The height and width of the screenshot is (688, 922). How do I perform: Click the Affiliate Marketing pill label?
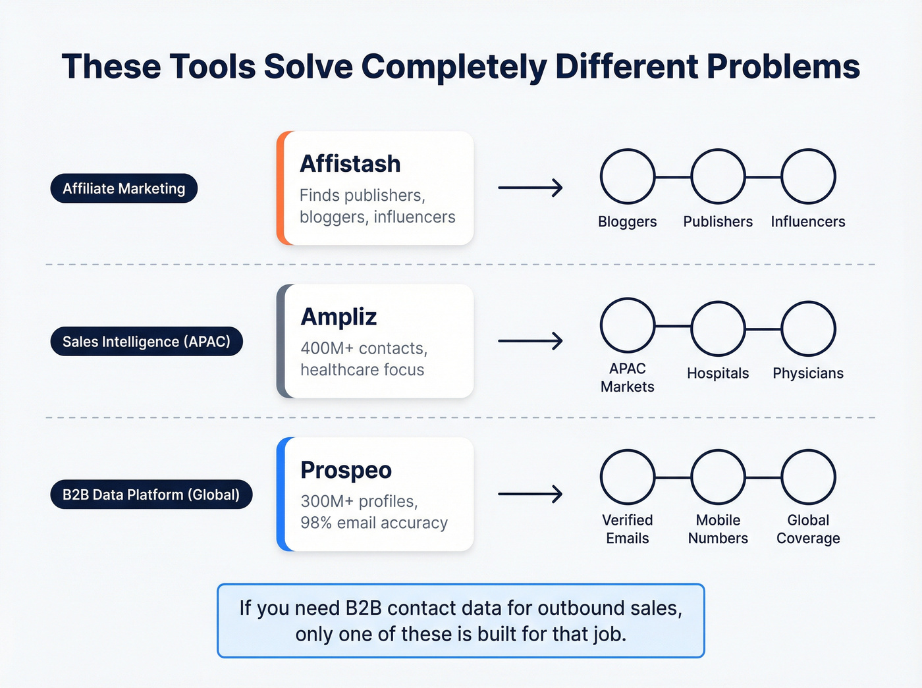pyautogui.click(x=124, y=188)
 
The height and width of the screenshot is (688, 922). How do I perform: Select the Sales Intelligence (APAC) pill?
pyautogui.click(x=146, y=342)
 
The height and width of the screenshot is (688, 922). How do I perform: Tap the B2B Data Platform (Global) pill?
pyautogui.click(x=151, y=494)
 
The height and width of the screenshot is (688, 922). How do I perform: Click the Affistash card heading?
pyautogui.click(x=350, y=163)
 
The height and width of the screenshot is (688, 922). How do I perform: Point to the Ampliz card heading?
pyautogui.click(x=339, y=317)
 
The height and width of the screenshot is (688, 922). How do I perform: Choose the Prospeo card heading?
pyautogui.click(x=346, y=470)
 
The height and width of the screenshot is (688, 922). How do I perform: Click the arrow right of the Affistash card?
pyautogui.click(x=530, y=188)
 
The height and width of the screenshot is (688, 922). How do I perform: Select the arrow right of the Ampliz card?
pyautogui.click(x=530, y=341)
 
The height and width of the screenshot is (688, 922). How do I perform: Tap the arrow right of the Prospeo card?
pyautogui.click(x=530, y=494)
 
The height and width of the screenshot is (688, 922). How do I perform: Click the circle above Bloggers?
pyautogui.click(x=628, y=176)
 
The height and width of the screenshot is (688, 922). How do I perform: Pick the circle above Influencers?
pyautogui.click(x=808, y=176)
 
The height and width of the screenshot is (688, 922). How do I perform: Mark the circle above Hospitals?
pyautogui.click(x=718, y=329)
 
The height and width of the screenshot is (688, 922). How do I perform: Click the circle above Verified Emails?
pyautogui.click(x=628, y=477)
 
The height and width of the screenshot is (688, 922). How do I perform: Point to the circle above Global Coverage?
pyautogui.click(x=808, y=477)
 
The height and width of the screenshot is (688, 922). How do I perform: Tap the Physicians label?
pyautogui.click(x=808, y=373)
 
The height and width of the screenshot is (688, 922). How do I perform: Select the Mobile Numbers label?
pyautogui.click(x=718, y=529)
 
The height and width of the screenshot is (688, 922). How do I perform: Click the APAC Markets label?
pyautogui.click(x=628, y=377)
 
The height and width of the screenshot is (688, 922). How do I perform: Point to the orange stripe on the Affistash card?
pyautogui.click(x=281, y=188)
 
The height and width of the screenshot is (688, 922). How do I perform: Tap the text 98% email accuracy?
pyautogui.click(x=374, y=523)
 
